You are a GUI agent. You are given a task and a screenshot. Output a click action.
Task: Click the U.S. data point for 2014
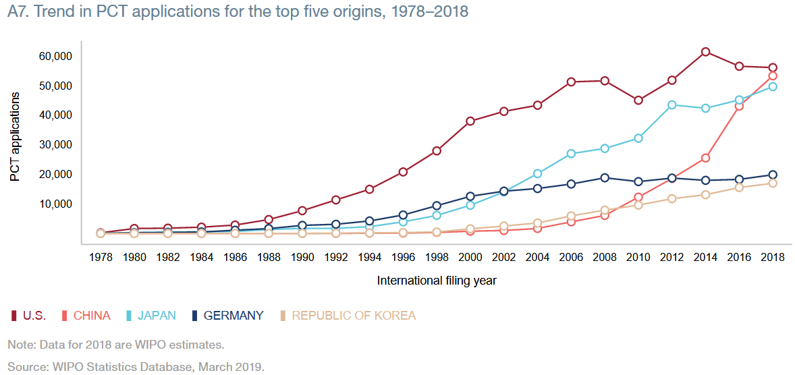[x=705, y=52]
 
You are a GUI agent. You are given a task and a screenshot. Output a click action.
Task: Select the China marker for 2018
[x=773, y=76]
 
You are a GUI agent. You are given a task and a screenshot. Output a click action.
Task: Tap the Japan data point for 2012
[x=671, y=105]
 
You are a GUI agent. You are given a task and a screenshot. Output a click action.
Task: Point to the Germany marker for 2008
[x=605, y=178]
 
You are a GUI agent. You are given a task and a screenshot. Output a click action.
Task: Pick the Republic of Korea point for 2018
[x=773, y=183]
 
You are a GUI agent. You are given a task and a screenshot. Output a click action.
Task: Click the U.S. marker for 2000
[x=470, y=121]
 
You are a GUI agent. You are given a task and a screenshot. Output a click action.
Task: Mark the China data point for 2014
[x=705, y=158]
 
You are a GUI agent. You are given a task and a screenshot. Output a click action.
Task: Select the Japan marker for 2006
[x=571, y=154]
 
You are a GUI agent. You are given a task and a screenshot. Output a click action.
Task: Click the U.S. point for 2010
[x=638, y=100]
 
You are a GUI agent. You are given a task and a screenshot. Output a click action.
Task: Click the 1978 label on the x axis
[x=101, y=257]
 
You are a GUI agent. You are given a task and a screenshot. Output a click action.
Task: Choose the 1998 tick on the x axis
[x=437, y=257]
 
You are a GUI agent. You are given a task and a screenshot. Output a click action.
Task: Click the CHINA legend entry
[x=92, y=316]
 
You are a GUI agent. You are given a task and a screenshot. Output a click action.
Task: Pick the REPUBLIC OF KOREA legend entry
[x=353, y=316]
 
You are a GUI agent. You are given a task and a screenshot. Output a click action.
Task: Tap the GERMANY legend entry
[x=233, y=316]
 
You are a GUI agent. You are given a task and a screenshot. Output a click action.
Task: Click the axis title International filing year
[x=437, y=280]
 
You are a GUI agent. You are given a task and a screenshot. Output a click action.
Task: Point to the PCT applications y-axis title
[x=15, y=136]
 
